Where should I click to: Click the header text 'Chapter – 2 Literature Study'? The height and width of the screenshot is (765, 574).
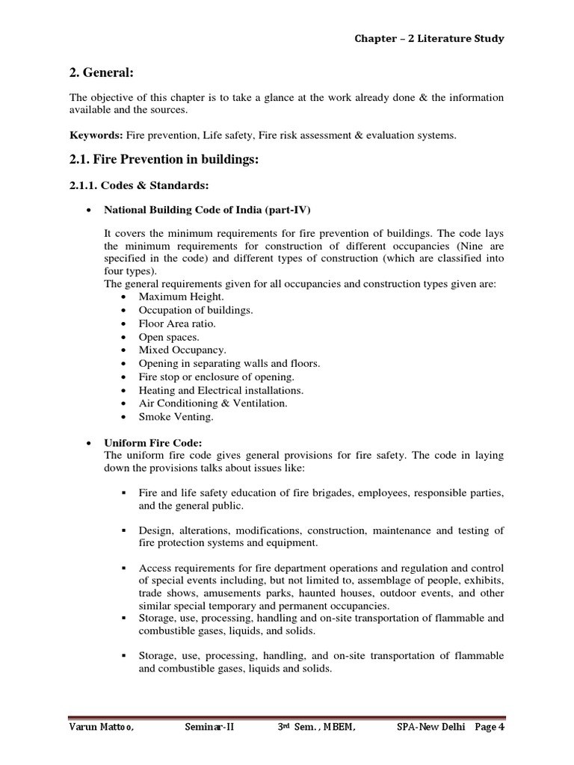429,39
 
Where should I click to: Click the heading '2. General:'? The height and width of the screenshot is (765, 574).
101,71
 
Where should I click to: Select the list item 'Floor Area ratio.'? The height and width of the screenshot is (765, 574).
177,323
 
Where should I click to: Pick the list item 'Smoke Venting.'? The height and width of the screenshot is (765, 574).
176,416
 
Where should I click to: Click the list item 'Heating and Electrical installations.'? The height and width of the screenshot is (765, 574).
221,390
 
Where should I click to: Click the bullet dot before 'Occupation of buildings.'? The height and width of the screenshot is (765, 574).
123,310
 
